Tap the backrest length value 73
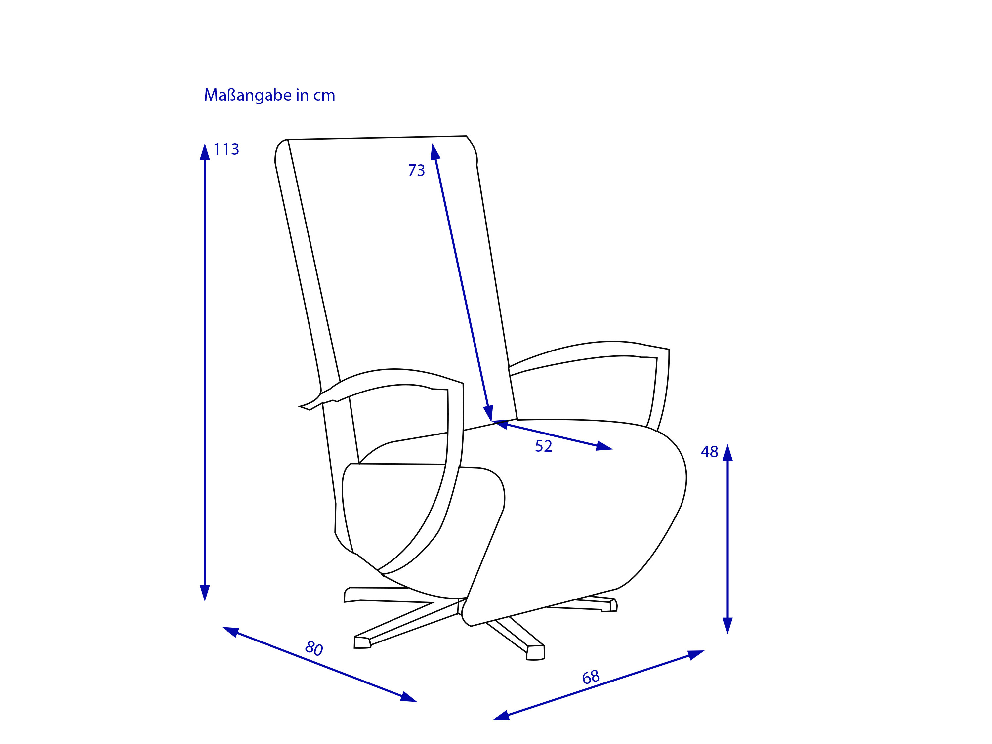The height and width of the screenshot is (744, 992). (x=416, y=170)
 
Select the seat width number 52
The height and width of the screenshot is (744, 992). (x=544, y=446)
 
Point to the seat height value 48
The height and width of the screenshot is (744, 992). (x=710, y=452)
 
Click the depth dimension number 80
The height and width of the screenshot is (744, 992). (x=314, y=648)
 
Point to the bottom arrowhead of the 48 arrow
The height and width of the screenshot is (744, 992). (x=727, y=626)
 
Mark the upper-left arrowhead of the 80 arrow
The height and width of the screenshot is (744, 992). (x=230, y=632)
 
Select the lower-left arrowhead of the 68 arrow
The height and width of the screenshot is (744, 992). (x=501, y=716)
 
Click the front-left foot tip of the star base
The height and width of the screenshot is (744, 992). (x=362, y=642)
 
